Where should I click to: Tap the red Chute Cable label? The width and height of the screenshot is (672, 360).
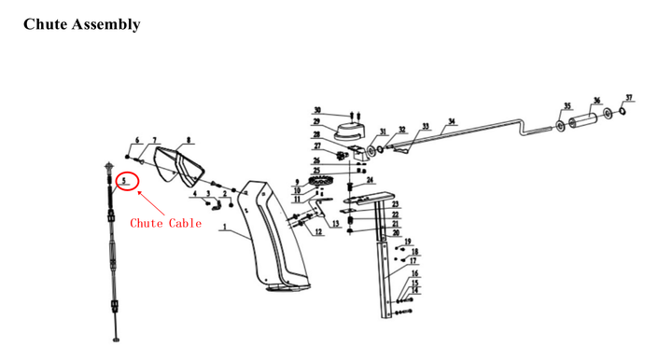coord(165,223)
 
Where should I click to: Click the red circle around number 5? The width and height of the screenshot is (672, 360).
coord(126,180)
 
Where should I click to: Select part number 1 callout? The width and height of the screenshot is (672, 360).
coord(225,227)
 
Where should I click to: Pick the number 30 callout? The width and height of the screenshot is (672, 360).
coord(317,110)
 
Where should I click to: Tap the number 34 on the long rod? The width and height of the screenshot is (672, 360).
coord(451,121)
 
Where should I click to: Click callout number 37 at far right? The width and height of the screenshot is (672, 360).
coord(629,98)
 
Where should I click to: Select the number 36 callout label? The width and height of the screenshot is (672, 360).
coord(595,103)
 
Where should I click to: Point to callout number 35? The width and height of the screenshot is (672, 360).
coord(566,106)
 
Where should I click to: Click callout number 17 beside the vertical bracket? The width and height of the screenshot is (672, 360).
coord(412,262)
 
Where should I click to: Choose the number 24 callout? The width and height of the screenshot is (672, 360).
coord(371,180)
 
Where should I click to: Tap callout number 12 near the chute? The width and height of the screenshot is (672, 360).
coord(318,232)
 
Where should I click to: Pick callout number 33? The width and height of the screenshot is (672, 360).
coord(425,126)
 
